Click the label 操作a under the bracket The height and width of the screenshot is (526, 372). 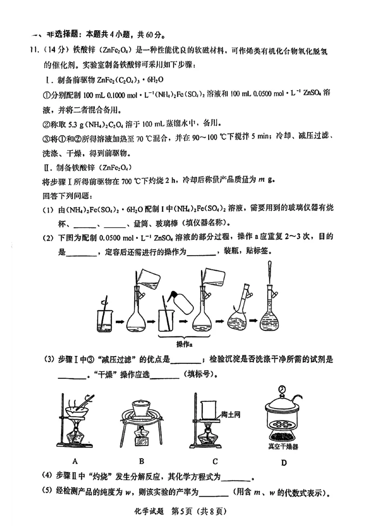point(185,344)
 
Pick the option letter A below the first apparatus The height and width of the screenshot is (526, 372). point(74,461)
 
